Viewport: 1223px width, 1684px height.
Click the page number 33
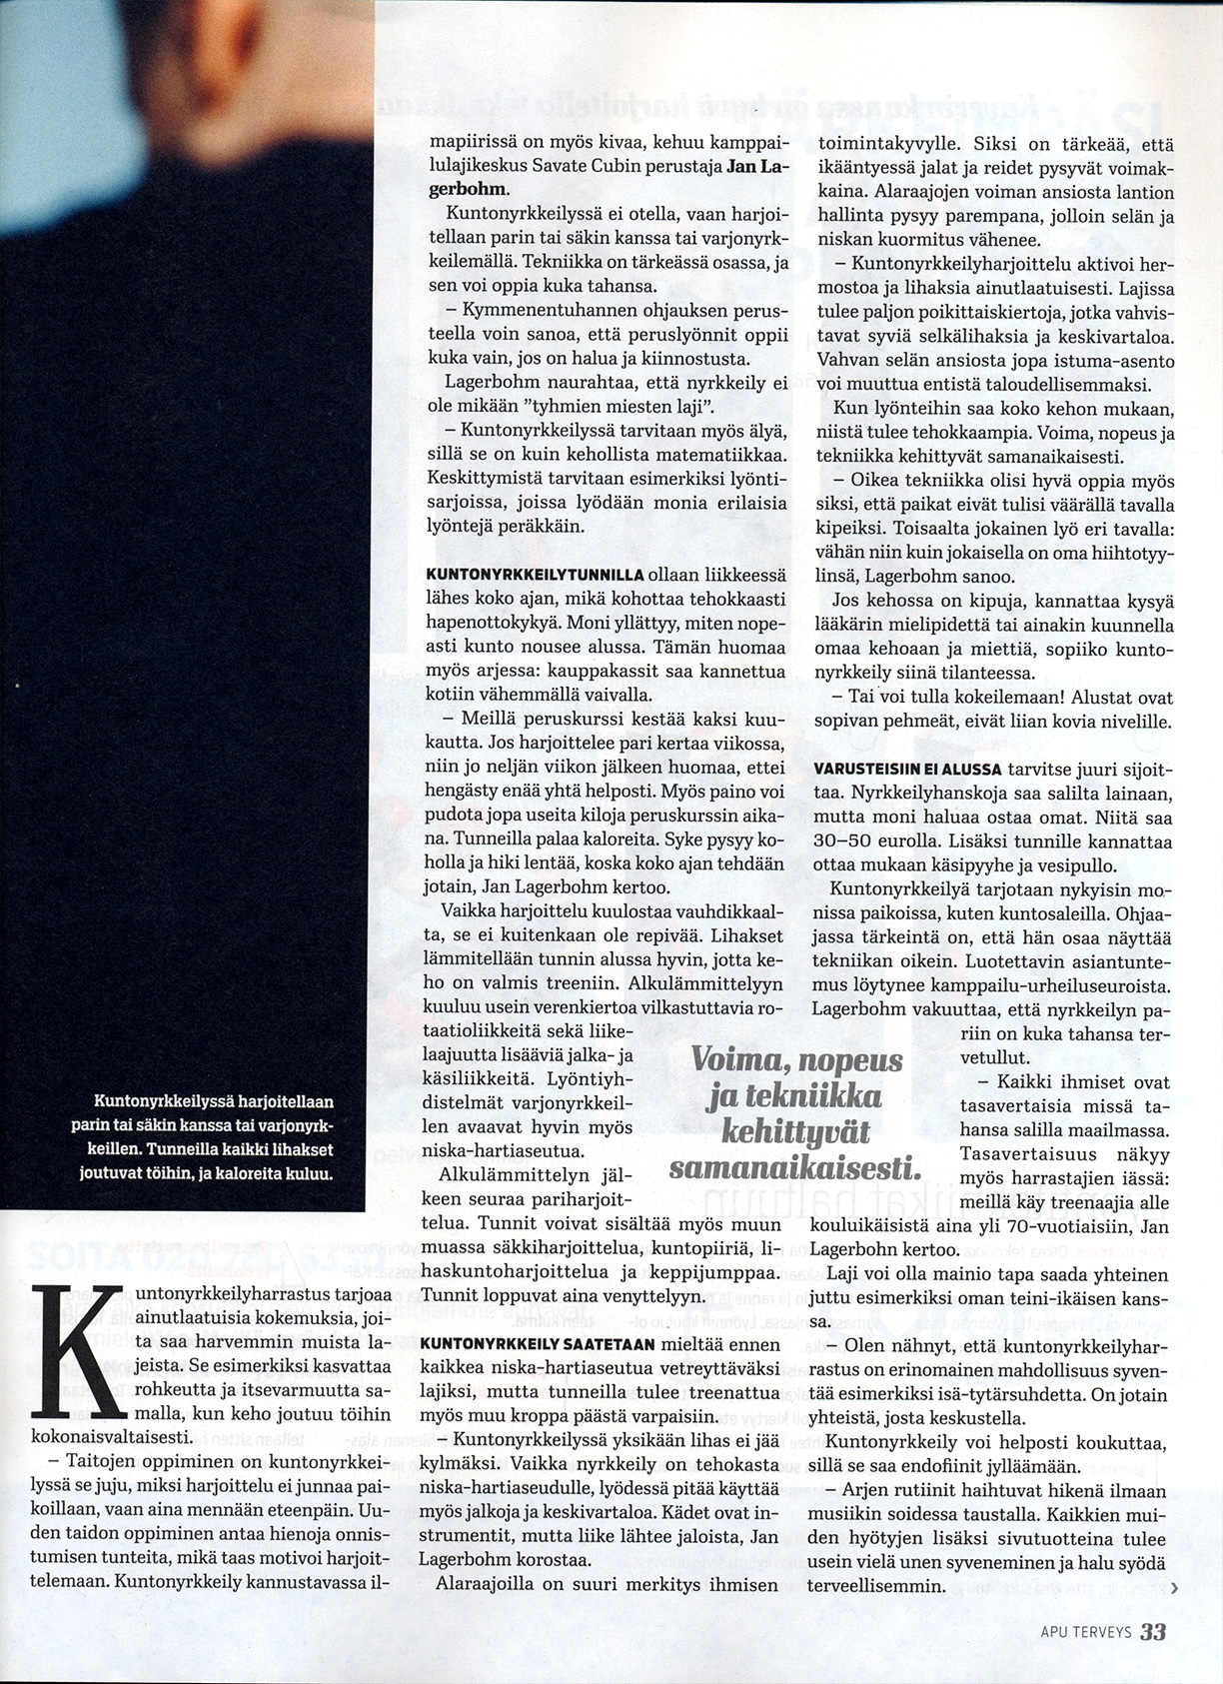pos(1152,1631)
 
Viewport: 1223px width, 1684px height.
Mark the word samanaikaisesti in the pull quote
pos(795,1167)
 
